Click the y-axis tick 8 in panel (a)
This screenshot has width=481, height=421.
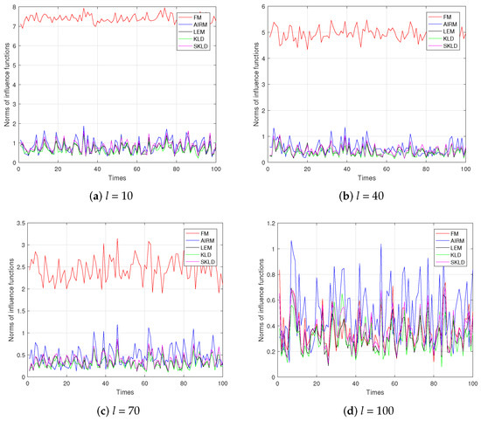coord(12,7)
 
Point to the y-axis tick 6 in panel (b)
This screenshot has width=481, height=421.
coord(261,7)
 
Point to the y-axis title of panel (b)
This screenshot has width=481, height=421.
coord(254,86)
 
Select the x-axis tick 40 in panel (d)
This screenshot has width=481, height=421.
coord(356,384)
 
